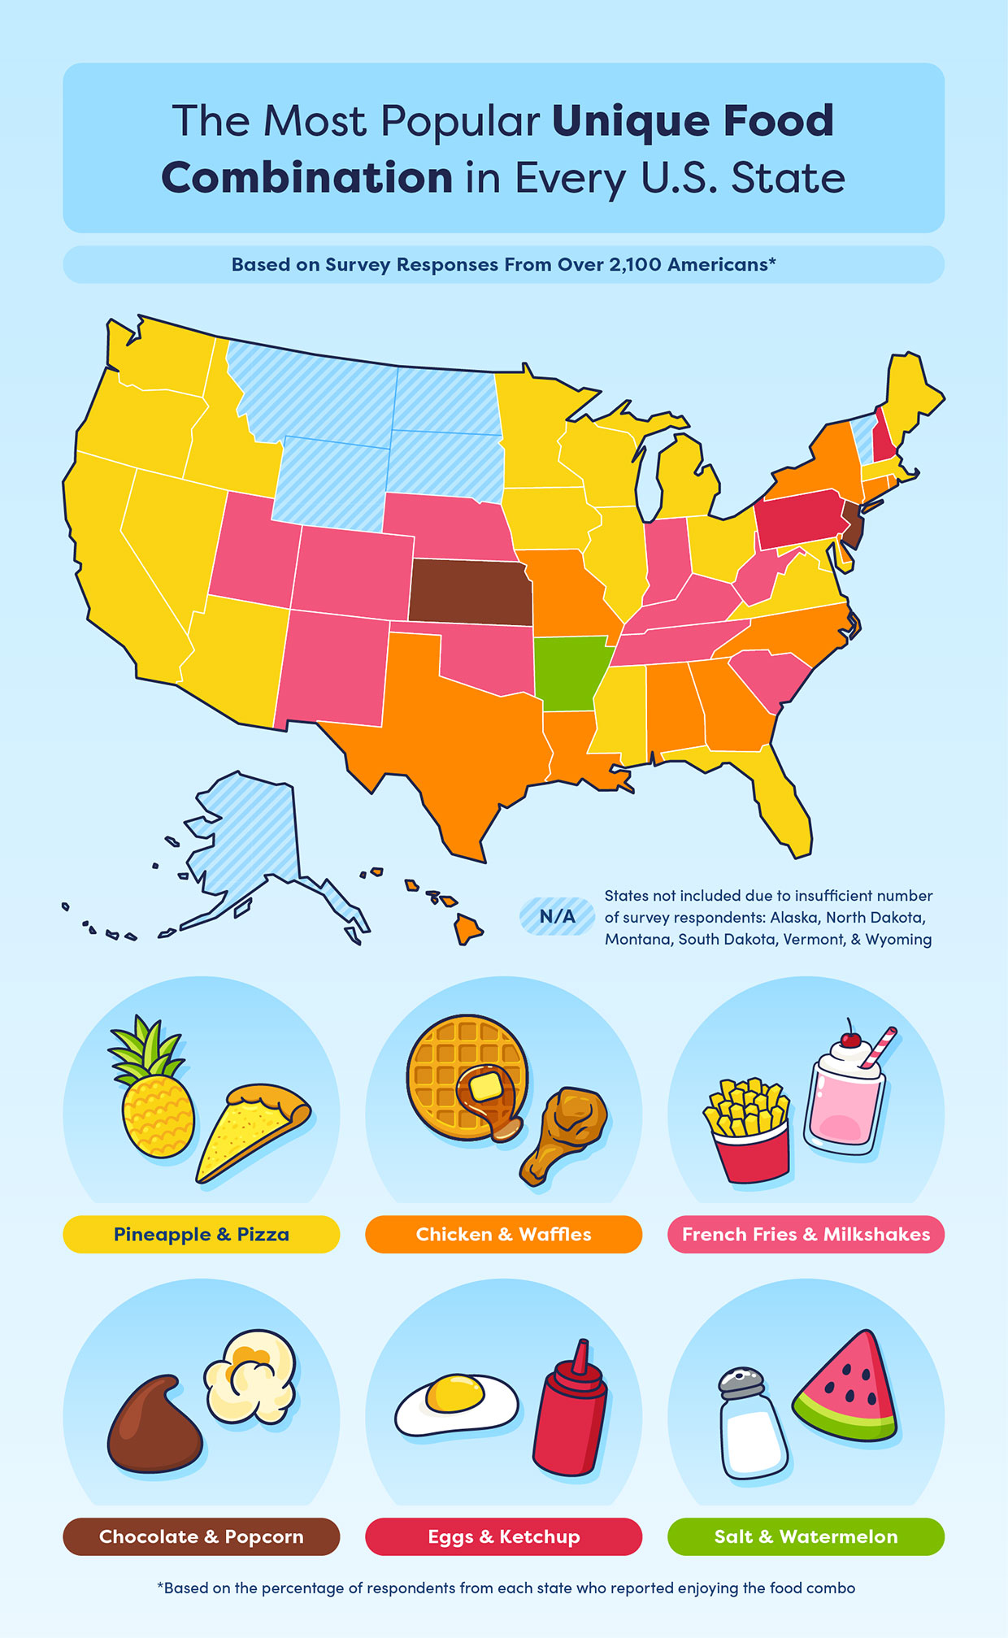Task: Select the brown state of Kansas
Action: [470, 591]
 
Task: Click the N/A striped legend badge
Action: [558, 916]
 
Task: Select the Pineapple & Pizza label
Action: [201, 1234]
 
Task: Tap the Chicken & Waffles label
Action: [503, 1234]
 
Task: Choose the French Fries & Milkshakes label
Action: [806, 1234]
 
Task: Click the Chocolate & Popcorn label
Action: [201, 1536]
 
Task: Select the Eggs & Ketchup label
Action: [503, 1536]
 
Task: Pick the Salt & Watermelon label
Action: [806, 1536]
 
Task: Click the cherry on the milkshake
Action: [850, 1039]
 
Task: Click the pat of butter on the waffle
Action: [485, 1087]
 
